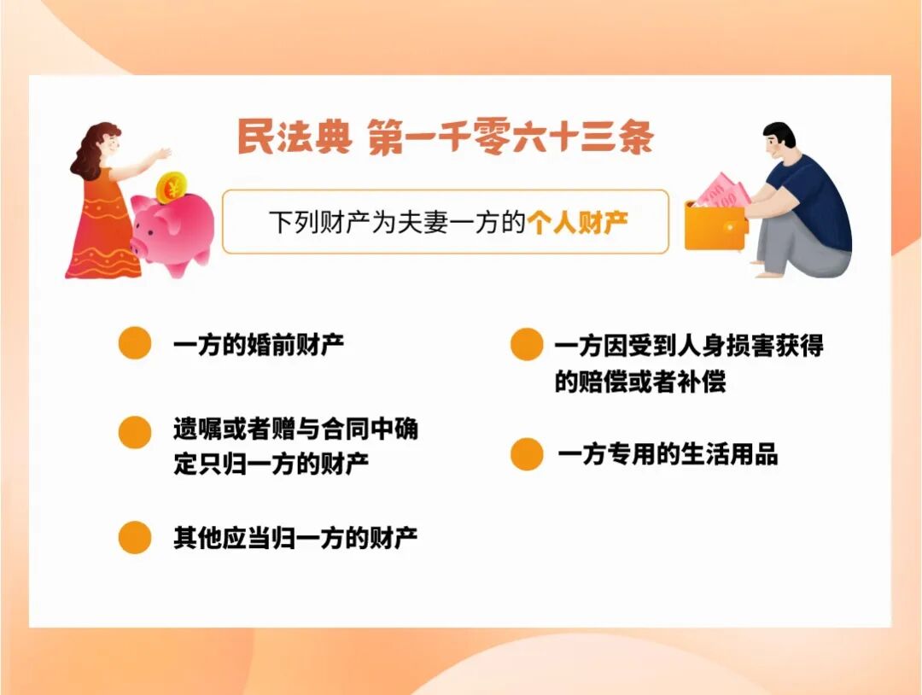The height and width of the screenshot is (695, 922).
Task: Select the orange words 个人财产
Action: [578, 223]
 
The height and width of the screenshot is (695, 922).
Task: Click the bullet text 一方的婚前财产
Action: [258, 345]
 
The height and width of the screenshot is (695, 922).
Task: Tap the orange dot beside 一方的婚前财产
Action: [135, 343]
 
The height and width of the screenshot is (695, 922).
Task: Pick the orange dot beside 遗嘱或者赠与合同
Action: [135, 431]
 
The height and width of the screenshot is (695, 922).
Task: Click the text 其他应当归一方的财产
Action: [295, 538]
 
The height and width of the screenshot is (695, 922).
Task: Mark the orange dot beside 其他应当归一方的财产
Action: [135, 537]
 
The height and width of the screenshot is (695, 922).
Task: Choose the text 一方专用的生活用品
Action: [668, 454]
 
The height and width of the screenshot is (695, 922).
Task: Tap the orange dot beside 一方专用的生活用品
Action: [527, 454]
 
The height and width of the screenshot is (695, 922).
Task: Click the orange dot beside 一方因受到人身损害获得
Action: [527, 345]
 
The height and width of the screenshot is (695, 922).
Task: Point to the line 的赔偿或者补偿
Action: [640, 382]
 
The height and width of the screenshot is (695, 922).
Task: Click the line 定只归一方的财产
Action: [271, 465]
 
